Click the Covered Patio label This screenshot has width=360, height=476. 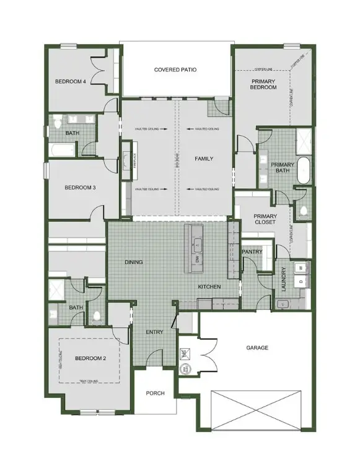pyautogui.click(x=175, y=70)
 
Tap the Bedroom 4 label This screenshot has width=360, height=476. pyautogui.click(x=70, y=81)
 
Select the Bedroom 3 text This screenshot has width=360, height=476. pyautogui.click(x=80, y=187)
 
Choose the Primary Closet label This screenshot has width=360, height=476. pyautogui.click(x=265, y=220)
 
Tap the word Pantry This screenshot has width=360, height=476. pyautogui.click(x=252, y=252)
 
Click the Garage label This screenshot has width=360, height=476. pyautogui.click(x=257, y=348)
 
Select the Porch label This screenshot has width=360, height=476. pyautogui.click(x=155, y=394)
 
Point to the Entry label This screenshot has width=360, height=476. pyautogui.click(x=154, y=332)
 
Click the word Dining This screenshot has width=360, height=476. pyautogui.click(x=134, y=262)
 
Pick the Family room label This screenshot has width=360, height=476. pyautogui.click(x=204, y=159)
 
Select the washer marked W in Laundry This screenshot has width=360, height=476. pyautogui.click(x=301, y=267)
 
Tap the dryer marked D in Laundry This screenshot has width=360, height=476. pyautogui.click(x=301, y=281)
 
